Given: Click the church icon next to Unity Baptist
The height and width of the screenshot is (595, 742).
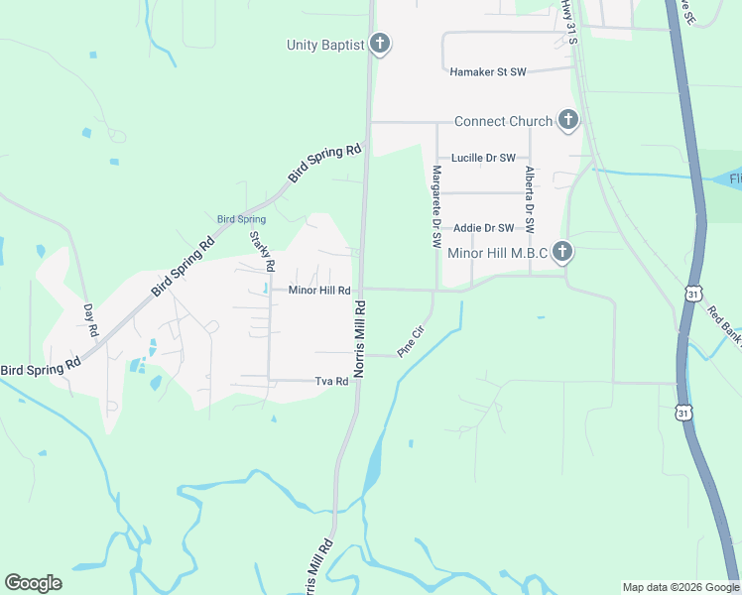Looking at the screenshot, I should [379, 44].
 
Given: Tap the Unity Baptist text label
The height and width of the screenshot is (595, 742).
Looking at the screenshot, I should [325, 45].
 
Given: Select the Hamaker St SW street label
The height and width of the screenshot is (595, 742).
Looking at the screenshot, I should [487, 72].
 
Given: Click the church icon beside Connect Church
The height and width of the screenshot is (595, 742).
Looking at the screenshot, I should [568, 121].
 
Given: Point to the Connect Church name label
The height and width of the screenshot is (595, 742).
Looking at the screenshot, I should [503, 122].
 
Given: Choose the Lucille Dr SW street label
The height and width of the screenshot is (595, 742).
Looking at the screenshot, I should [483, 158].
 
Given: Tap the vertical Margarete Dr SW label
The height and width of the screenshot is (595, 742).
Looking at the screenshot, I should [435, 206].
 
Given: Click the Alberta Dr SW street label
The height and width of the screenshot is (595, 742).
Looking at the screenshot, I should [530, 199].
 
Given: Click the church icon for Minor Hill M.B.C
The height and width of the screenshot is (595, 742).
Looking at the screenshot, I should [562, 252].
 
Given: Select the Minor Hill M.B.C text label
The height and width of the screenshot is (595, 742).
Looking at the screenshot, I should [498, 253].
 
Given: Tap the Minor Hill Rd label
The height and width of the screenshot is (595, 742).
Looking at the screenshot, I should [319, 291].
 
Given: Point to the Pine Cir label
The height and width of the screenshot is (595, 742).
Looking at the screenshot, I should [410, 342].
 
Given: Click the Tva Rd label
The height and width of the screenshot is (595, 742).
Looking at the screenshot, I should [331, 381].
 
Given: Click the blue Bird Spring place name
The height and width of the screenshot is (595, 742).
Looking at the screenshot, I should [242, 219].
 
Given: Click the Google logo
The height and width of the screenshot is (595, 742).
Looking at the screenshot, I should [33, 583].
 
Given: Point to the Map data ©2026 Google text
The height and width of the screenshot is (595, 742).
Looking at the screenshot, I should [680, 587].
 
